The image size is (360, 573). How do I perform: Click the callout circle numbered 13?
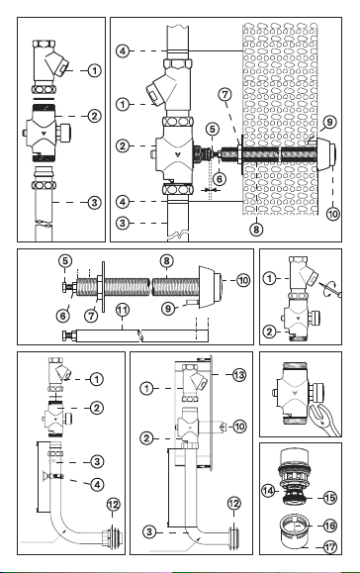(239, 374)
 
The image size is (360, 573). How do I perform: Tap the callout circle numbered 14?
(268, 491)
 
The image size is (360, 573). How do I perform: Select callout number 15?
(329, 498)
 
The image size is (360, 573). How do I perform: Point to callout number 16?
(329, 525)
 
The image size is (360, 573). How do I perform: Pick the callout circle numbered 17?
(329, 547)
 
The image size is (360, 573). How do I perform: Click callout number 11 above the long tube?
(123, 311)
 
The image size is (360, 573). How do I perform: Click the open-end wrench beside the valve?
(323, 420)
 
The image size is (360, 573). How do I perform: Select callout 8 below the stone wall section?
(256, 230)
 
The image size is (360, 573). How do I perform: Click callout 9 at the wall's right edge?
(329, 122)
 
